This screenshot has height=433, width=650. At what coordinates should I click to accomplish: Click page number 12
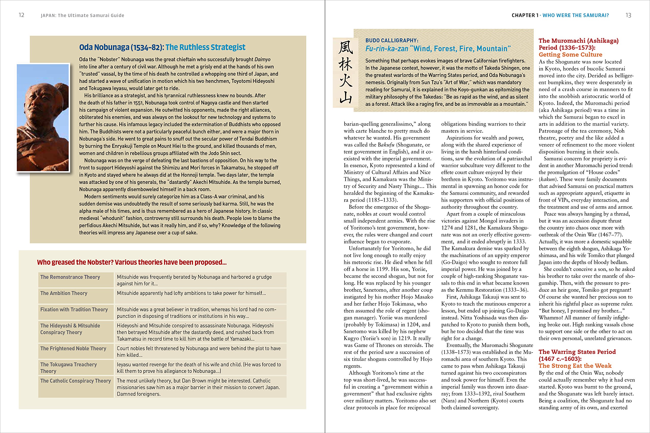point(22,15)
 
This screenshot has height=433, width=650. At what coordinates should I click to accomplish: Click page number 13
point(628,15)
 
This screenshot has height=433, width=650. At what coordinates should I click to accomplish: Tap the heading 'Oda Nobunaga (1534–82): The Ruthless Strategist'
point(162,47)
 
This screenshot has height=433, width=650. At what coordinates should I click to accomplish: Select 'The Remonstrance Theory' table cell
point(70,277)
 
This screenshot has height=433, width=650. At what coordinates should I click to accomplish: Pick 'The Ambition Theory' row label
point(64,293)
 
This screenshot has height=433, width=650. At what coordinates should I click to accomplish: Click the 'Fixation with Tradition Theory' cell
point(74,309)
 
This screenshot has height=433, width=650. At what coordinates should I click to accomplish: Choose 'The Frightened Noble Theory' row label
point(73,349)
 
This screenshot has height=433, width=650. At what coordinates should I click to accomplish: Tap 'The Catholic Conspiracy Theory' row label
point(75,381)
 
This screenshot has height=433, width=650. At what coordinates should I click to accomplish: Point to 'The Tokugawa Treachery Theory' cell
point(69,368)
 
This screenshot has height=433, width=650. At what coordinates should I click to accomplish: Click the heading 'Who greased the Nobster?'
point(132,262)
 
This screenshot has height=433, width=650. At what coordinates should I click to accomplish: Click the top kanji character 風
point(346,47)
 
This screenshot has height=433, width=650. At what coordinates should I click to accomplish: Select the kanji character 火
point(346,81)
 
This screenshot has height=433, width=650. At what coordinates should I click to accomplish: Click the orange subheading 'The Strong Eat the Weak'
point(575,366)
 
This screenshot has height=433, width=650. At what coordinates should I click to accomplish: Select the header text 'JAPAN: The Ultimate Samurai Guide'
point(82,15)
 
